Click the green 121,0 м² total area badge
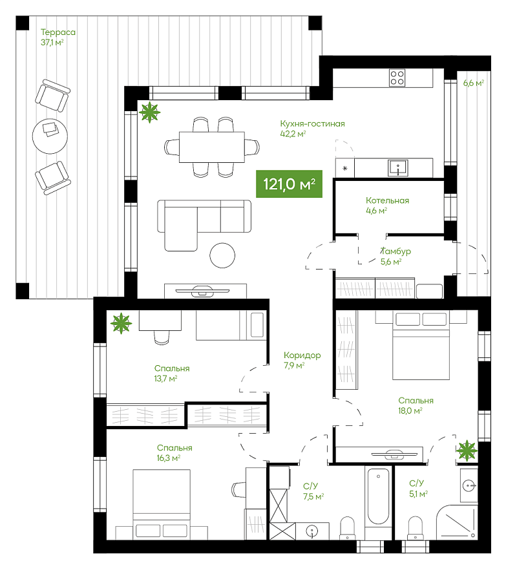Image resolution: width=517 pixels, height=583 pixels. click(x=289, y=184)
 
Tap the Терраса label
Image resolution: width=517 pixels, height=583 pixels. click(x=58, y=32)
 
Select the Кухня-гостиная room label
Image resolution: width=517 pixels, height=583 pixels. click(x=312, y=123)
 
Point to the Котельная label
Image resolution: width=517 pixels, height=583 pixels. click(x=387, y=200)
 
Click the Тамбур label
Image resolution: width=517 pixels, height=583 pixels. click(x=396, y=251)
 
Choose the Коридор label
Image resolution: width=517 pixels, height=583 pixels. click(x=302, y=355)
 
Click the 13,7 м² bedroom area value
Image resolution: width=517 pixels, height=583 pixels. click(x=166, y=379)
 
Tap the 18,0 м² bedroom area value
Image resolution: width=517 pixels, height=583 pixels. click(x=410, y=410)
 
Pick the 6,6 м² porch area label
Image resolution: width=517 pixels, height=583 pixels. click(x=474, y=83)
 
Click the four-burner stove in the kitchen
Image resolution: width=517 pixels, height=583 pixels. click(x=397, y=78)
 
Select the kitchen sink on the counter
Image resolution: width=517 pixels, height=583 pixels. click(x=397, y=168)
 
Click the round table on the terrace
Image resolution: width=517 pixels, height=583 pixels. click(x=50, y=136)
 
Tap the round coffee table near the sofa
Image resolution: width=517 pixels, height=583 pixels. click(x=222, y=255)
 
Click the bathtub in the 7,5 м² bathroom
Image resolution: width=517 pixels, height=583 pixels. click(x=378, y=496)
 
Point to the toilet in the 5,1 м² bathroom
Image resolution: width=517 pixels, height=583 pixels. click(x=415, y=527)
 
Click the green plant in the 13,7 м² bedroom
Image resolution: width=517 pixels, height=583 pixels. click(x=121, y=323)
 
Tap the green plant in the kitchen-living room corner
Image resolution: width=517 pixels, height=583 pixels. click(x=149, y=112)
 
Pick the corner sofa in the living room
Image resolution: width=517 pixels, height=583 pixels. click(x=204, y=225)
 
